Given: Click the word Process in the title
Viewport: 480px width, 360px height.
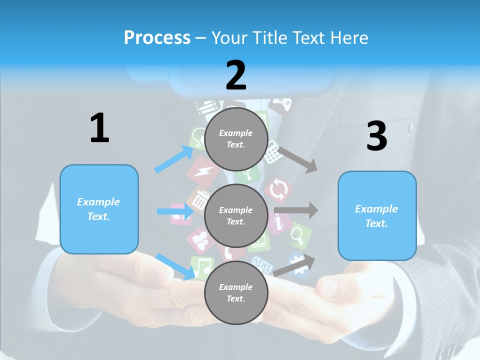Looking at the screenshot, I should coord(157,37).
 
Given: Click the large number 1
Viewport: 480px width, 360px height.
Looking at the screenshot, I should coord(99,128).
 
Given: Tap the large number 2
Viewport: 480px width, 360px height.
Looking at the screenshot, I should coord(236,75).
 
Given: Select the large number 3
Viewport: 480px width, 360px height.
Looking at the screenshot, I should coord(376,136).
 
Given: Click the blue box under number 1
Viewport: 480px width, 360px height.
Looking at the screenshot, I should coord(99,209).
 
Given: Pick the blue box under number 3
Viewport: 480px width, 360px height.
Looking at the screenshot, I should coord(377,216).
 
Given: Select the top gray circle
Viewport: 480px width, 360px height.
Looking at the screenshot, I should coord(236,139).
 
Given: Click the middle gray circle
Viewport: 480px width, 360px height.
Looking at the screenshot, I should coord(236,216).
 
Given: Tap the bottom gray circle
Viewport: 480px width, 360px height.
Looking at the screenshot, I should coord(236,293).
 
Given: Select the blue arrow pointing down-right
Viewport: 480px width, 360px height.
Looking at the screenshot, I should coord(175,266).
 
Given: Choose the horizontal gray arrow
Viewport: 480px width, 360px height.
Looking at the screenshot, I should coord(296,210).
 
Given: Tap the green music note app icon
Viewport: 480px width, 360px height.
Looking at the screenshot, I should coord(201,268).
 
